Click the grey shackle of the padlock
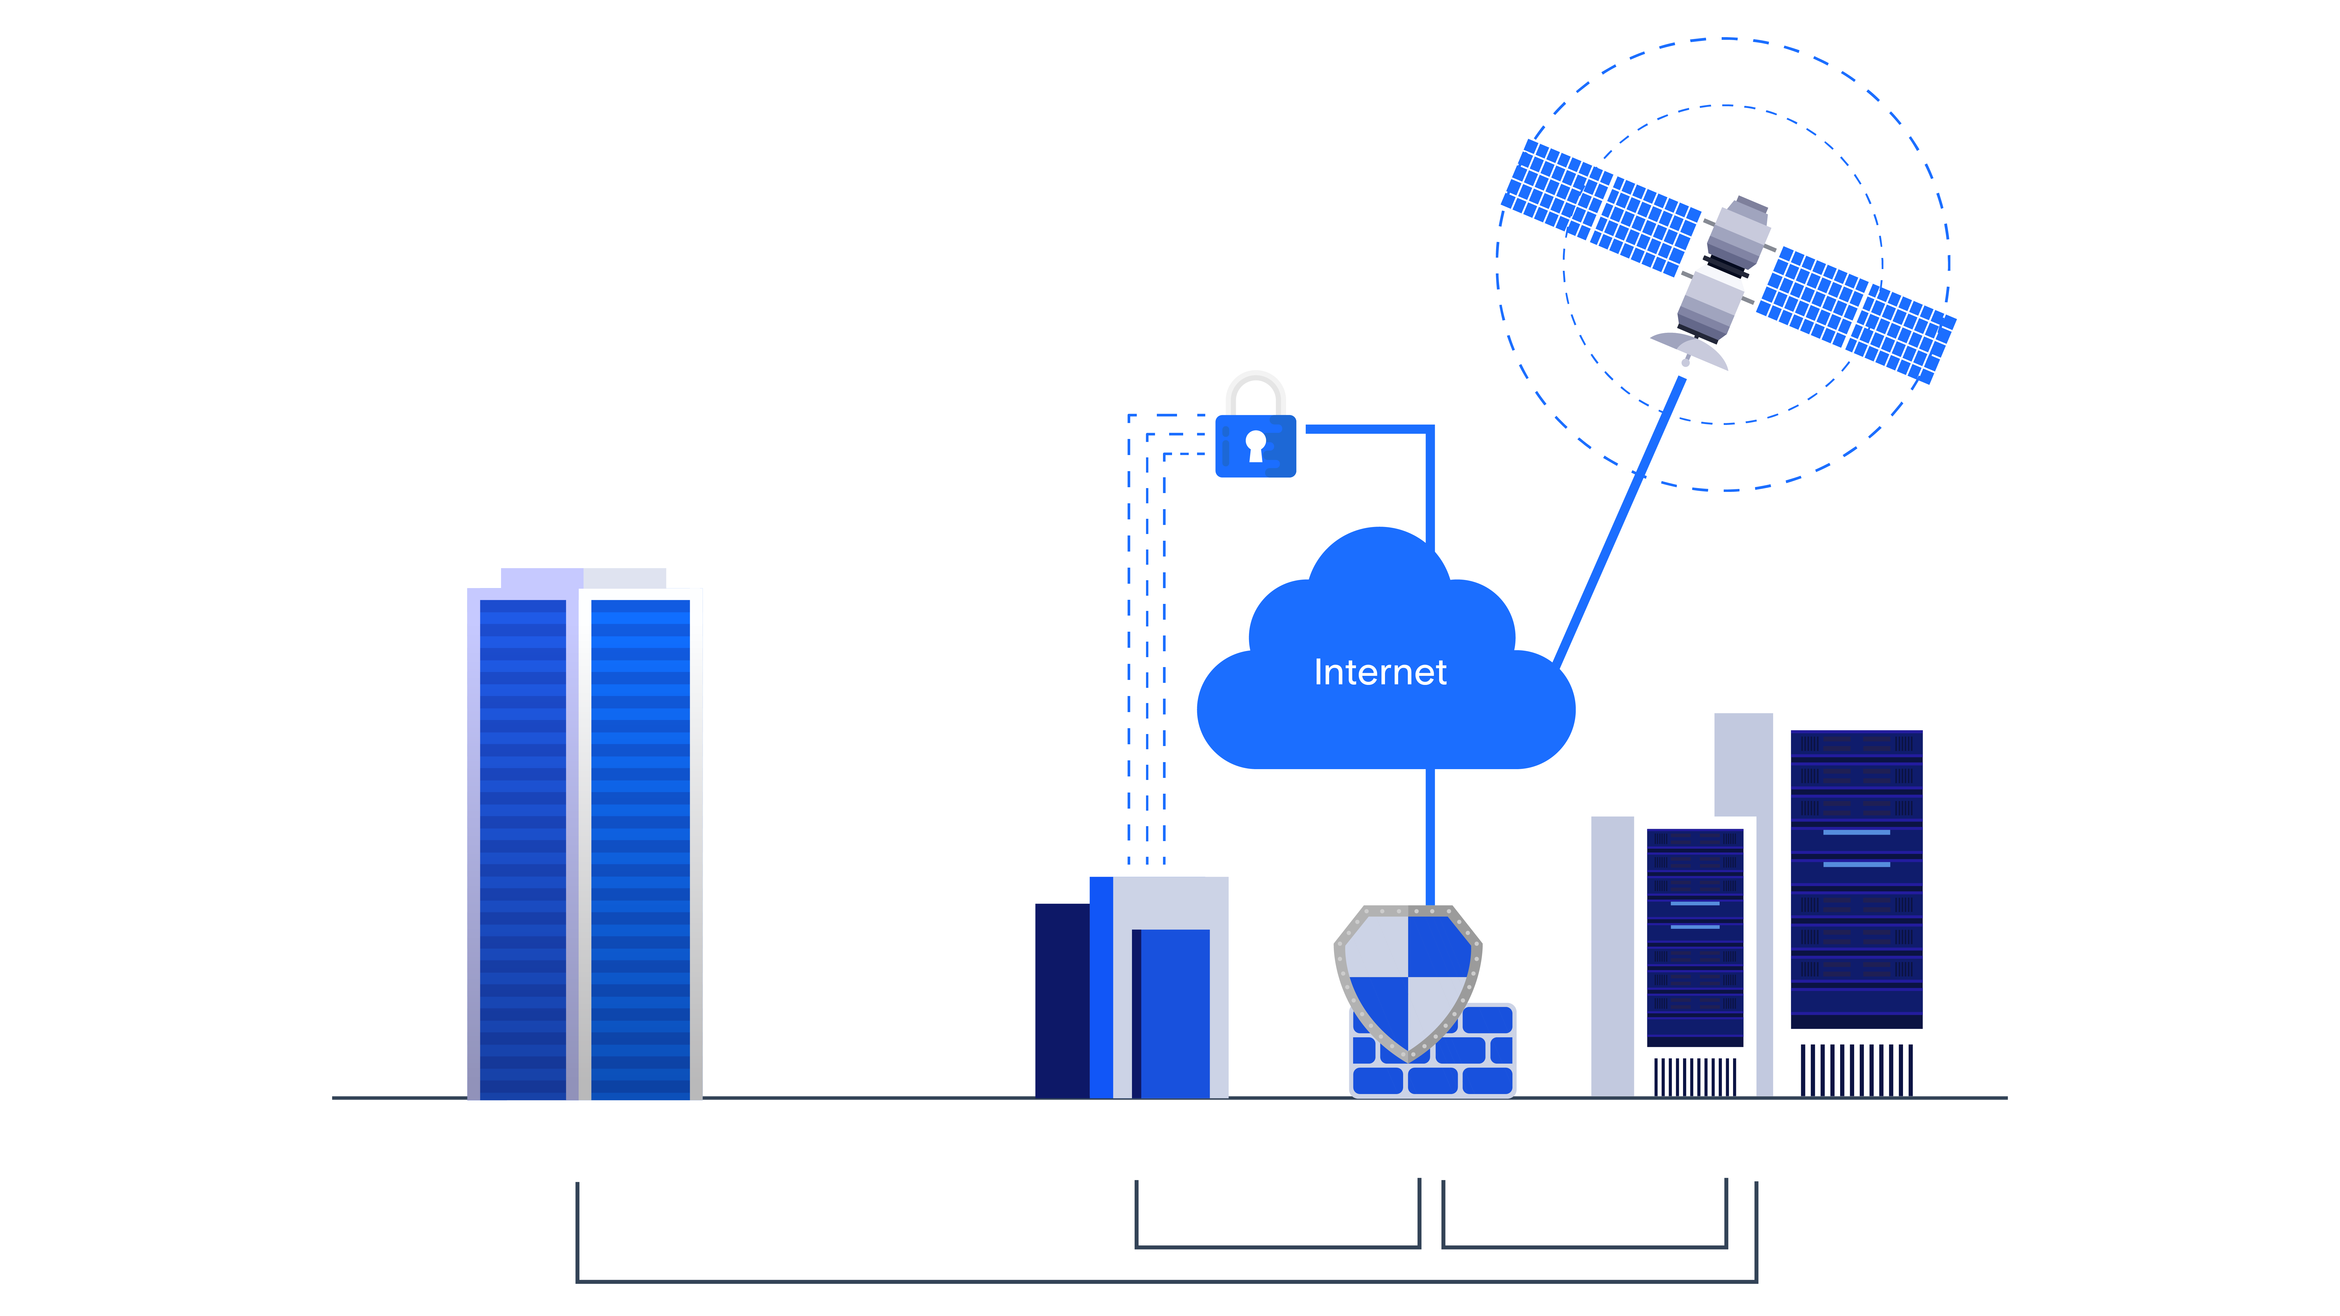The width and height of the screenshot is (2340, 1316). tap(1255, 386)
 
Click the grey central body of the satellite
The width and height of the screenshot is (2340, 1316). tap(1726, 263)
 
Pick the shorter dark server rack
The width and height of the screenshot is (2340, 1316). tap(1694, 936)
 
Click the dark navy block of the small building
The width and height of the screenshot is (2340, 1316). tap(1061, 999)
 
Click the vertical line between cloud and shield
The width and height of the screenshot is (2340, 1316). tap(1430, 836)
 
